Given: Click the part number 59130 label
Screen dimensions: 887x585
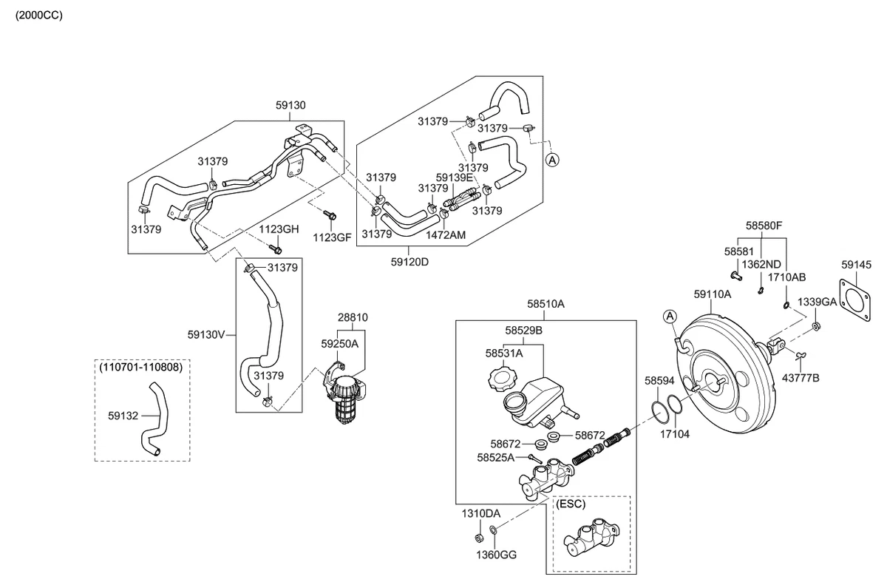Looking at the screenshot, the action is (x=290, y=105).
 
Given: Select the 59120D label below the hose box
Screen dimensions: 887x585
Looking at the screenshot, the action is (x=409, y=262).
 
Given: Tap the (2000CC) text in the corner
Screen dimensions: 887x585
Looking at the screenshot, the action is (x=38, y=16).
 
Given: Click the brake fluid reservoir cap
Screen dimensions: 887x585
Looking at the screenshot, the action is (x=502, y=379).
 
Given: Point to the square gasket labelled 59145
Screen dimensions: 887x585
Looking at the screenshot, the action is (x=854, y=299).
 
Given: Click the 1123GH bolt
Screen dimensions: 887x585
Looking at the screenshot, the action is (x=275, y=248).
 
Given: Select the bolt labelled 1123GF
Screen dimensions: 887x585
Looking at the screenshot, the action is (x=330, y=215).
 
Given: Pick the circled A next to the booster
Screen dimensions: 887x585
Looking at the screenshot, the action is (x=670, y=317).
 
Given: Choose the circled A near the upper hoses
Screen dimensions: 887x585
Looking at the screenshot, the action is (x=552, y=160).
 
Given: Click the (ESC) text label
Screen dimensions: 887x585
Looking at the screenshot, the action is (x=571, y=504).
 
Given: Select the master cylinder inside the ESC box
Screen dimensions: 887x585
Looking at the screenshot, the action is (x=591, y=537).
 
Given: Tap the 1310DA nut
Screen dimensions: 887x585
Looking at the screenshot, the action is (x=479, y=538).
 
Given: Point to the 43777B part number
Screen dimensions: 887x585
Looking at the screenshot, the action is (x=801, y=378).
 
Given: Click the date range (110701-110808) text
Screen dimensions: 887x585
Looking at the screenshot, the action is (x=141, y=367).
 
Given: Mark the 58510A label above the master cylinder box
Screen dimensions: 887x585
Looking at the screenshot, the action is (x=546, y=304).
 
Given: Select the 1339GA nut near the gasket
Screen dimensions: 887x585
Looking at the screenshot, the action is (x=816, y=326).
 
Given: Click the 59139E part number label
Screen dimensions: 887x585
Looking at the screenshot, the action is (x=455, y=177).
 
